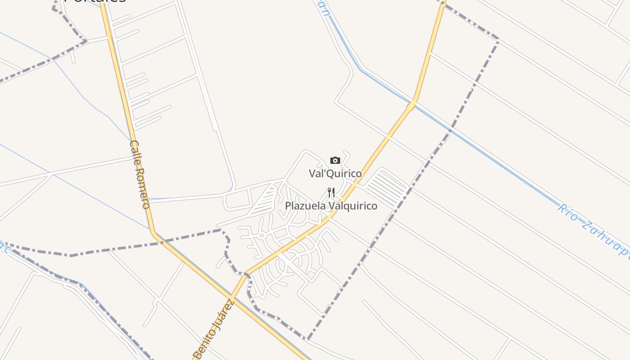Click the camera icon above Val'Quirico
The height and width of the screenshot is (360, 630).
click(x=335, y=160)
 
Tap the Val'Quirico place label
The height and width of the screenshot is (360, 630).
click(x=335, y=173)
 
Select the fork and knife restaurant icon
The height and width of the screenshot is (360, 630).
click(x=331, y=193)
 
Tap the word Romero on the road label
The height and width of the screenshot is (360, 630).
click(x=143, y=189)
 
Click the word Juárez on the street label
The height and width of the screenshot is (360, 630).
click(x=226, y=311)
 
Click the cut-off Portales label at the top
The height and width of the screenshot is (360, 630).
click(x=94, y=1)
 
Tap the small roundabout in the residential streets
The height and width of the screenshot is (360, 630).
click(x=261, y=235)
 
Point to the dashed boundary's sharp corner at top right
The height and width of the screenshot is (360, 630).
click(x=498, y=40)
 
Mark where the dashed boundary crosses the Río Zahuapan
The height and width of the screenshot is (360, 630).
click(x=450, y=130)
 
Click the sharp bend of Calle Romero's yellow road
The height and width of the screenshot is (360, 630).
click(x=153, y=232)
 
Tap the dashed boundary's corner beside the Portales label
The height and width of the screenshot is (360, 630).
click(x=85, y=40)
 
